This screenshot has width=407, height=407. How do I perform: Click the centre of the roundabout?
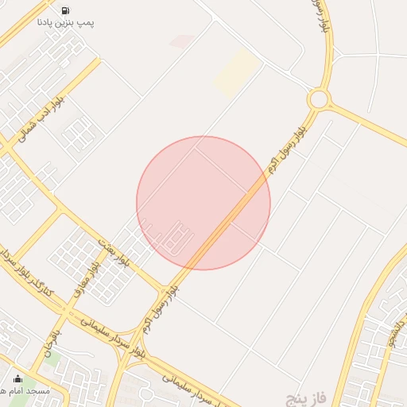point(320,99)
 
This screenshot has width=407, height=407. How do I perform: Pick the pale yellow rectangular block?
point(236,72)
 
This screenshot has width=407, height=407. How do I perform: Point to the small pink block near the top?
point(182,41)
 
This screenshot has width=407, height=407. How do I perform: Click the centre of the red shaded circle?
point(203,203)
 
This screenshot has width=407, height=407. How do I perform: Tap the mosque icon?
point(17,378)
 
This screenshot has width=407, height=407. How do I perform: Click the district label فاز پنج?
point(305,395)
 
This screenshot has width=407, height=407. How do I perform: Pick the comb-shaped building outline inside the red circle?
point(181,238)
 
